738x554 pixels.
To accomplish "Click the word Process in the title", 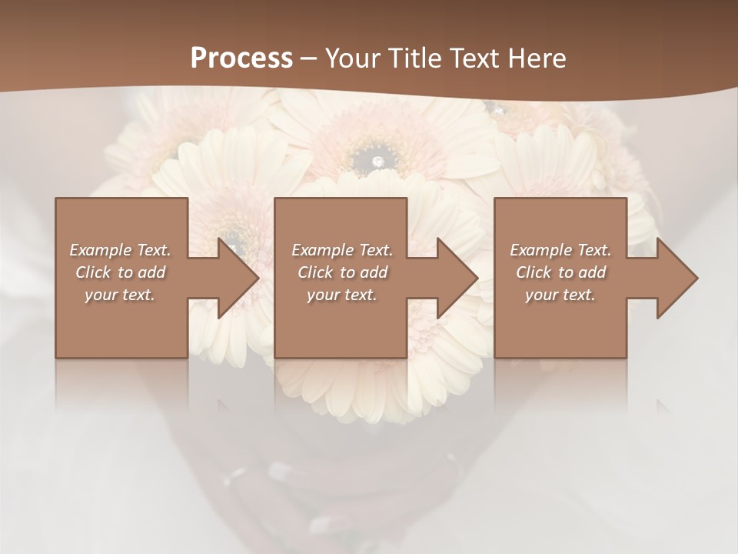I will point(241,58).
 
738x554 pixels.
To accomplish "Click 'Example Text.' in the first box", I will point(121,250).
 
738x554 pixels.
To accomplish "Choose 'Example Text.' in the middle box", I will point(342,250).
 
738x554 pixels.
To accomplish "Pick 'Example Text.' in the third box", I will point(560,250).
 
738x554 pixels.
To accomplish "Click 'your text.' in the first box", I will point(120,295).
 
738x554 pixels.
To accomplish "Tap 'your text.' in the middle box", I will point(342,295).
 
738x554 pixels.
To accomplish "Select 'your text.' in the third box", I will point(560,295).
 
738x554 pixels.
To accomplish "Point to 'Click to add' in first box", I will point(121,272).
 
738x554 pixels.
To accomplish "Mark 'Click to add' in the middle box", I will point(342,272).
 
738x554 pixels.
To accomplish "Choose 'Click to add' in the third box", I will point(560,272).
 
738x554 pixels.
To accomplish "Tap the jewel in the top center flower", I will point(377,161).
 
